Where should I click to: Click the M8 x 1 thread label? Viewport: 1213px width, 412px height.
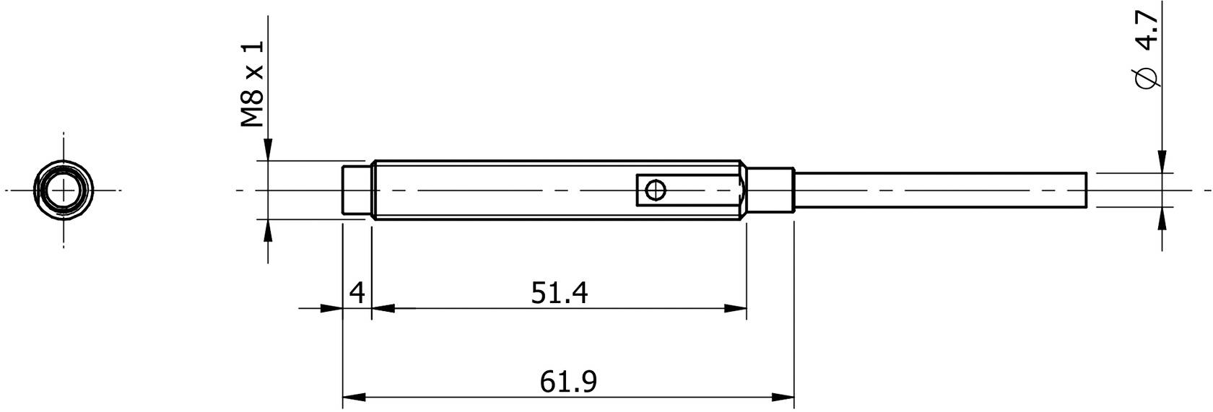(x=253, y=84)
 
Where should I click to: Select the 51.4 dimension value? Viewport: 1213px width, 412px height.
(x=560, y=293)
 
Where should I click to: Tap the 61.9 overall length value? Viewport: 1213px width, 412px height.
(x=568, y=381)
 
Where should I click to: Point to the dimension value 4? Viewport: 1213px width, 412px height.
(x=357, y=293)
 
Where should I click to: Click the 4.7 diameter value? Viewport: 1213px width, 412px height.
(x=1147, y=33)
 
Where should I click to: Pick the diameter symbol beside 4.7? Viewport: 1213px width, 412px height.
(x=1147, y=78)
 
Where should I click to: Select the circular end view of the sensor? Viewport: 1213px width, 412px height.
(x=64, y=190)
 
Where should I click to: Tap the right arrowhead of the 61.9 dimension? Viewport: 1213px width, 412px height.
(x=783, y=397)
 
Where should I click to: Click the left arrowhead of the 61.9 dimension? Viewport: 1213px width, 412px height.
(x=353, y=397)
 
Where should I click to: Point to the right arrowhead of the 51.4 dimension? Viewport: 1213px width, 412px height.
(x=736, y=309)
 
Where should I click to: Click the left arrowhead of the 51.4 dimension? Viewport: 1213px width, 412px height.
(x=383, y=309)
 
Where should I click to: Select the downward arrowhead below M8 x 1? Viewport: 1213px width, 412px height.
(x=268, y=149)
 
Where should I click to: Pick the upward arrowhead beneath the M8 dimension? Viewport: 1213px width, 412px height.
(x=268, y=231)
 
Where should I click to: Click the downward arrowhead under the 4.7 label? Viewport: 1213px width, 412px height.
(x=1162, y=162)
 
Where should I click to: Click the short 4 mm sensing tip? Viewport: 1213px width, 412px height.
(x=356, y=190)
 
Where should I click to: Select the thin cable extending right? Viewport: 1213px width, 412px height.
(x=939, y=190)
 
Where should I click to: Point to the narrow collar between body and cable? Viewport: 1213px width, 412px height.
(x=771, y=190)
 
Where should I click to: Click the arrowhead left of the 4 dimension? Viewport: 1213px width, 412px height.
(x=331, y=309)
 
